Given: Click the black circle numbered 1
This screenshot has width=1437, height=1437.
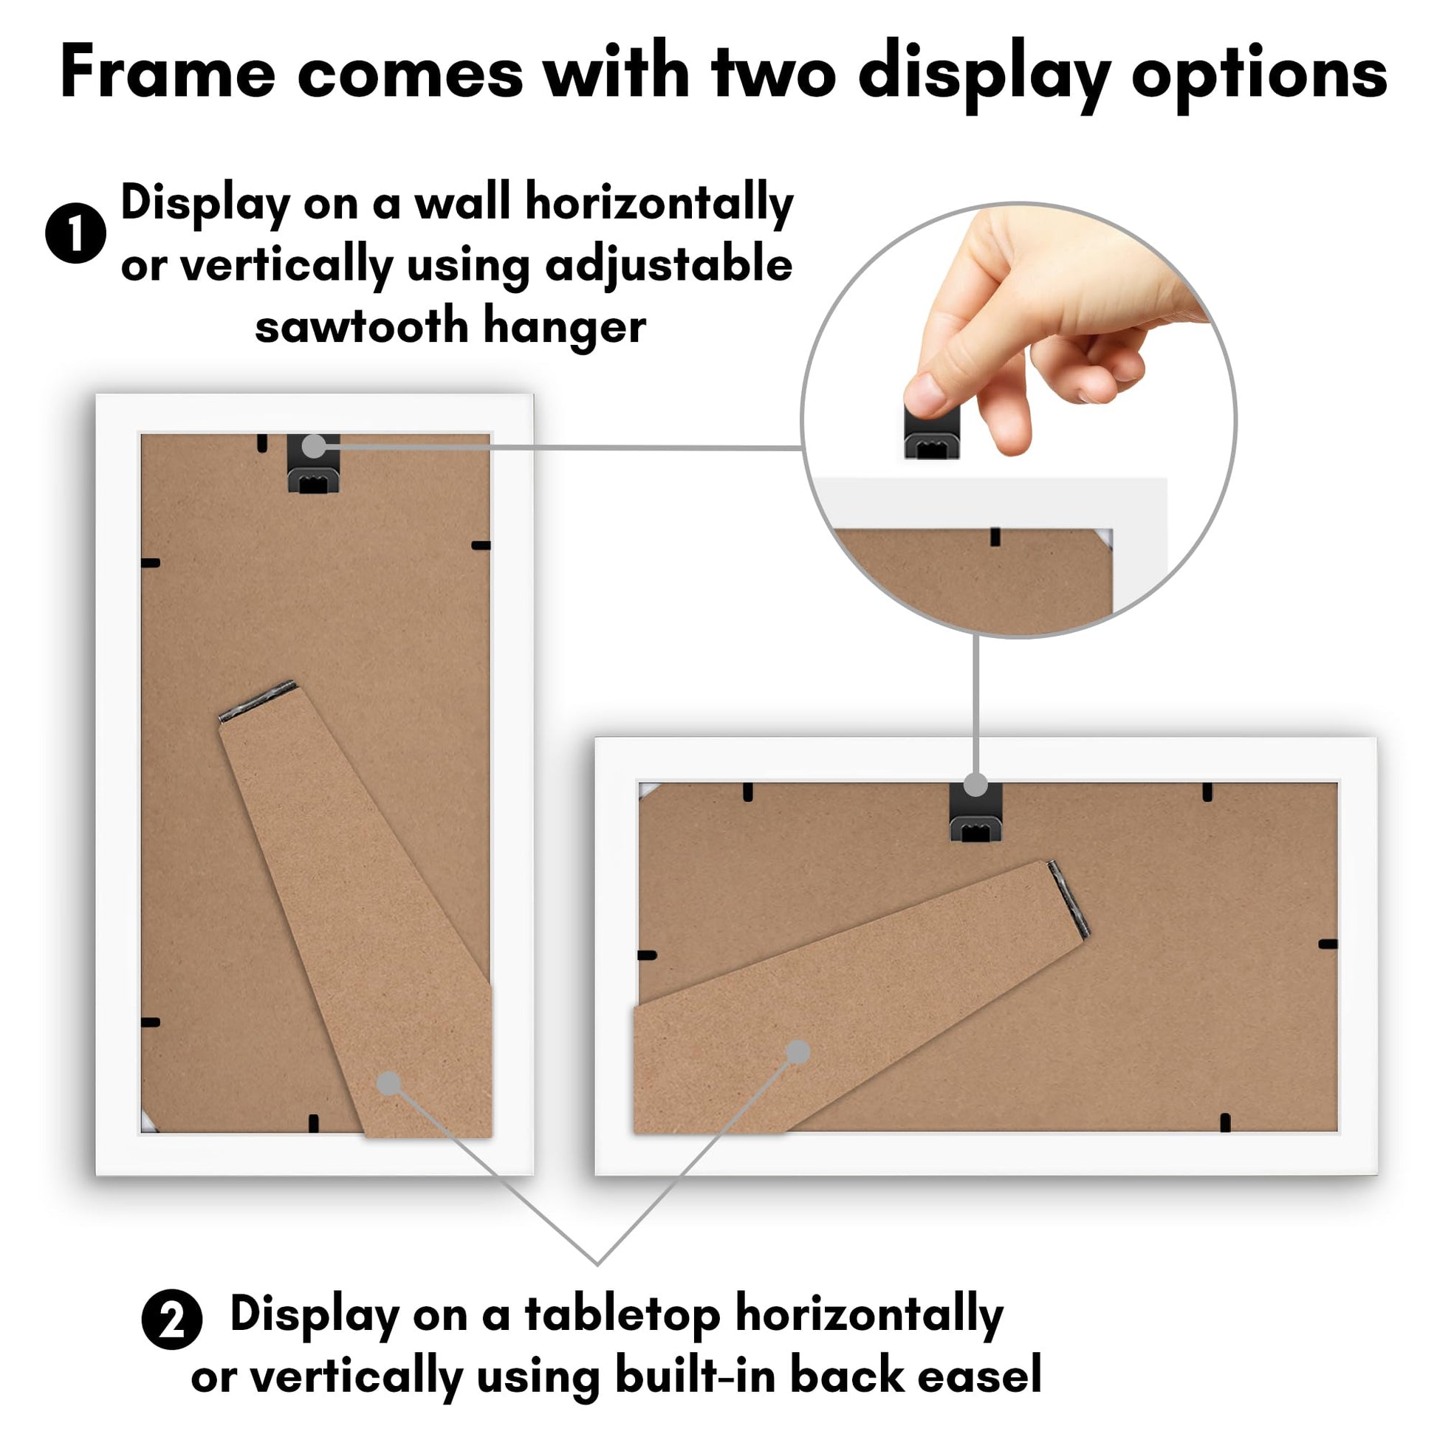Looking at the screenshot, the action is pyautogui.click(x=76, y=233).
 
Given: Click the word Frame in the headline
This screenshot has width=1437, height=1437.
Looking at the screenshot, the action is pyautogui.click(x=168, y=73).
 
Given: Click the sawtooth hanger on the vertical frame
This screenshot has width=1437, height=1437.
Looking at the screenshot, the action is pyautogui.click(x=313, y=464).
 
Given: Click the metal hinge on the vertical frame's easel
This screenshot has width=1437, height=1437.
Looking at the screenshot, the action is pyautogui.click(x=258, y=701).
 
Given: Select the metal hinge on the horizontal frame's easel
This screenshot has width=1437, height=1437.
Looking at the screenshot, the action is pyautogui.click(x=1069, y=899).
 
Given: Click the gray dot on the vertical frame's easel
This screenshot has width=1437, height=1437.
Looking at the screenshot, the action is pyautogui.click(x=388, y=1084).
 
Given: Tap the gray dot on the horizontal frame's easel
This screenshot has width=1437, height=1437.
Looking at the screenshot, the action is pyautogui.click(x=798, y=1052).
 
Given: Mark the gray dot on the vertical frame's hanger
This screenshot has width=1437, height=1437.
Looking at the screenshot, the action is pyautogui.click(x=315, y=445).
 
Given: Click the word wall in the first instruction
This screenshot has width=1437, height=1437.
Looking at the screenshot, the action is pyautogui.click(x=461, y=202).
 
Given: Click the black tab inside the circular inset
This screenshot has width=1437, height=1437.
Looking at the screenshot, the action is pyautogui.click(x=995, y=537).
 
